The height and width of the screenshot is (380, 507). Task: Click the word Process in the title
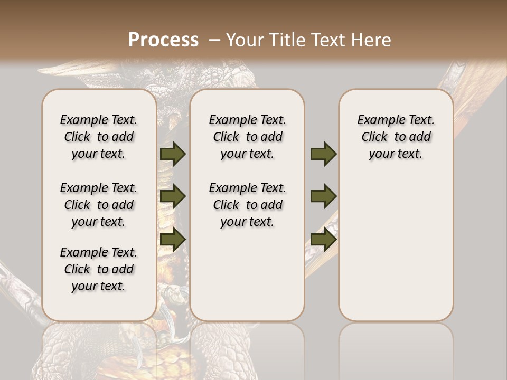tap(163, 40)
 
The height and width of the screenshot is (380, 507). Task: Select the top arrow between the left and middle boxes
tap(173, 154)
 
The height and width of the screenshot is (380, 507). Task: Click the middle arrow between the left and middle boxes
tap(173, 197)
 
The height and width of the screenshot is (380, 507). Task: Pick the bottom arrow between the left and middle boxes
tap(173, 239)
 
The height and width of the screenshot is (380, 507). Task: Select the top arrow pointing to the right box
tap(323, 154)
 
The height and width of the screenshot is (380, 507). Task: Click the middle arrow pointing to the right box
tap(323, 196)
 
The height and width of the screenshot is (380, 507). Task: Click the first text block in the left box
tap(99, 137)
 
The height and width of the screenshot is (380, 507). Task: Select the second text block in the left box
tap(99, 205)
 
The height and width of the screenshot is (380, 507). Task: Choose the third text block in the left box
tap(99, 269)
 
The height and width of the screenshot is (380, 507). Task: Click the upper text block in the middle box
tap(247, 137)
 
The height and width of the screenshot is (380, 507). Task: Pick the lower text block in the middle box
tap(247, 205)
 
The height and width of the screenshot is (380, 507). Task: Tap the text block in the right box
tap(396, 137)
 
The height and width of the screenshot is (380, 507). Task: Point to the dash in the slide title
tap(214, 40)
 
